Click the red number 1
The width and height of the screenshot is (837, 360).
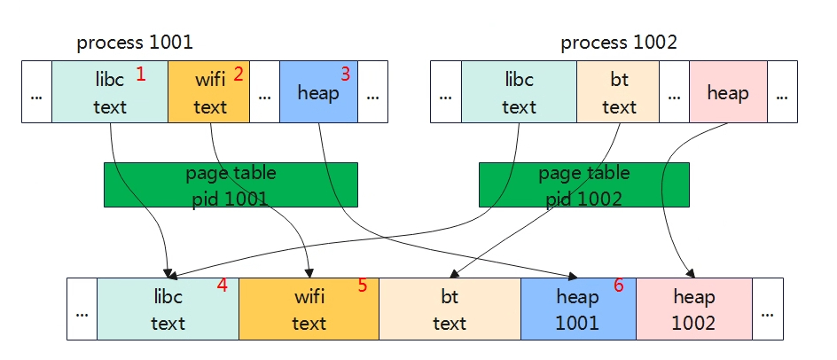(141, 74)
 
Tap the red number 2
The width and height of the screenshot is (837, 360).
(239, 74)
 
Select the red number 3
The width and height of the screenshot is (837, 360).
(346, 74)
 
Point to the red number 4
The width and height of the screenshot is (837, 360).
(222, 286)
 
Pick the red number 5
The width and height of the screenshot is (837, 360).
(363, 286)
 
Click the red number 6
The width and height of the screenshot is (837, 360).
(618, 286)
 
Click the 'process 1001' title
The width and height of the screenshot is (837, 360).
(135, 43)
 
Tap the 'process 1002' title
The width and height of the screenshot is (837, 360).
(619, 43)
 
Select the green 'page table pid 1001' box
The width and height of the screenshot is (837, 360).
(231, 184)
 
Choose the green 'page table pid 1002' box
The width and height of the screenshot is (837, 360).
(584, 184)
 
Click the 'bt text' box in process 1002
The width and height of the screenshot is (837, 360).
(618, 92)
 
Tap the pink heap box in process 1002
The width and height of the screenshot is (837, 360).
(728, 92)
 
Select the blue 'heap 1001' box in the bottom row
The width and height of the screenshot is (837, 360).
(578, 309)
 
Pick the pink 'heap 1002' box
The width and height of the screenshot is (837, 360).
(694, 309)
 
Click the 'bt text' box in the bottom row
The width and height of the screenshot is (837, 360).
(450, 309)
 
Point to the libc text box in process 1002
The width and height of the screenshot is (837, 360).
(519, 92)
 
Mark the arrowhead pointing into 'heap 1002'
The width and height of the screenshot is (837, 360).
(691, 273)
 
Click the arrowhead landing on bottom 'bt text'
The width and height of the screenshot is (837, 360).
(454, 273)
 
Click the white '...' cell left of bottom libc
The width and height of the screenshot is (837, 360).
(82, 309)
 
